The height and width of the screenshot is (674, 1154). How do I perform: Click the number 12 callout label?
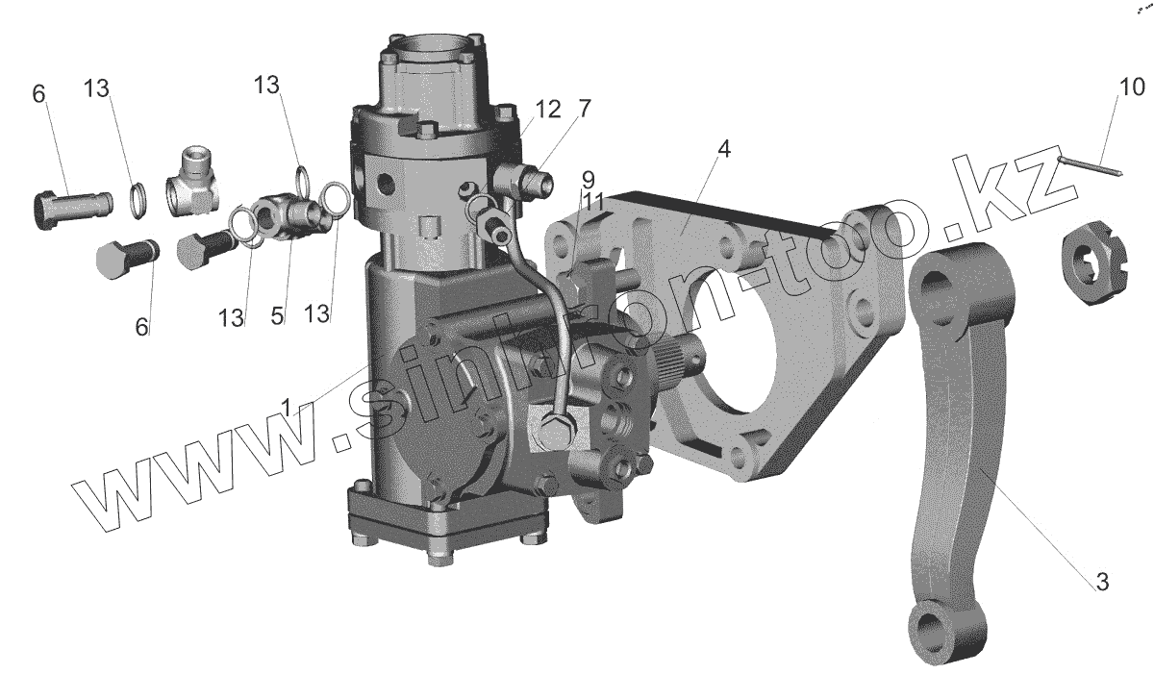(547, 110)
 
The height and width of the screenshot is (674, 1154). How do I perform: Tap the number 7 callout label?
(583, 109)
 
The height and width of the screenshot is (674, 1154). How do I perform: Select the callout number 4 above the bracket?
(723, 149)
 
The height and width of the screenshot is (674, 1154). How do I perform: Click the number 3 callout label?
(1102, 581)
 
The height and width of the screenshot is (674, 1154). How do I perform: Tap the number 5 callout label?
(278, 315)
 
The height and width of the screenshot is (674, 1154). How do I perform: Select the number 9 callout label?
(588, 179)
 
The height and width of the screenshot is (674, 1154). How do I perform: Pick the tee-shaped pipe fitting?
(193, 184)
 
